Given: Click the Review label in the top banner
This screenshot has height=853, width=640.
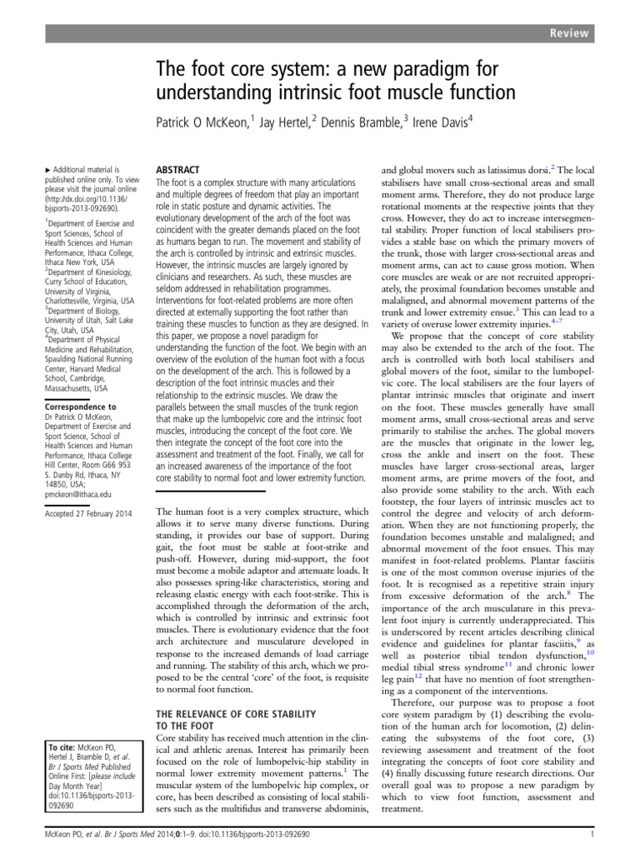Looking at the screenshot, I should [x=570, y=33].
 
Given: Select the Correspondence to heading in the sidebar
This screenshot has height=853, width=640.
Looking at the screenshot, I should [x=78, y=407].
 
